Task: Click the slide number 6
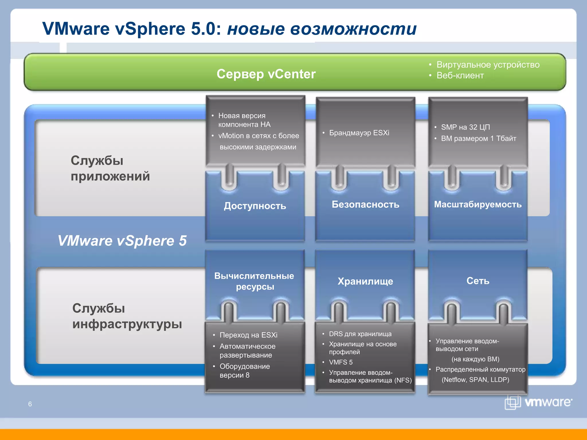pyautogui.click(x=30, y=404)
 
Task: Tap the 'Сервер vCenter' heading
pyautogui.click(x=266, y=74)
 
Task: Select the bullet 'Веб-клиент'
pyautogui.click(x=460, y=76)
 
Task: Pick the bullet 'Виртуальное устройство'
pyautogui.click(x=488, y=65)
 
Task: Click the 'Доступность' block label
pyautogui.click(x=255, y=206)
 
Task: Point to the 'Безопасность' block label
pyautogui.click(x=365, y=204)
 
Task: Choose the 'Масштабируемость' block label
pyautogui.click(x=478, y=204)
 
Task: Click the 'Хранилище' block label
pyautogui.click(x=365, y=281)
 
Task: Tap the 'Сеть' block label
pyautogui.click(x=478, y=280)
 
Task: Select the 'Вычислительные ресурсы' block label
pyautogui.click(x=255, y=281)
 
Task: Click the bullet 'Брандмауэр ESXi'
pyautogui.click(x=359, y=133)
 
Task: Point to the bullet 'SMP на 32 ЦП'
pyautogui.click(x=465, y=127)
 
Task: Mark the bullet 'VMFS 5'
pyautogui.click(x=341, y=362)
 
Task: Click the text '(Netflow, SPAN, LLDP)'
pyautogui.click(x=475, y=380)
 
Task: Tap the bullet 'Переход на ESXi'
pyautogui.click(x=248, y=335)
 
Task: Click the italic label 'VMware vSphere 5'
pyautogui.click(x=122, y=240)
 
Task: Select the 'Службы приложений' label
pyautogui.click(x=110, y=168)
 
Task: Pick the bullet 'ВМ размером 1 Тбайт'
pyautogui.click(x=478, y=139)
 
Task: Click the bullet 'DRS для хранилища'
pyautogui.click(x=360, y=334)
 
